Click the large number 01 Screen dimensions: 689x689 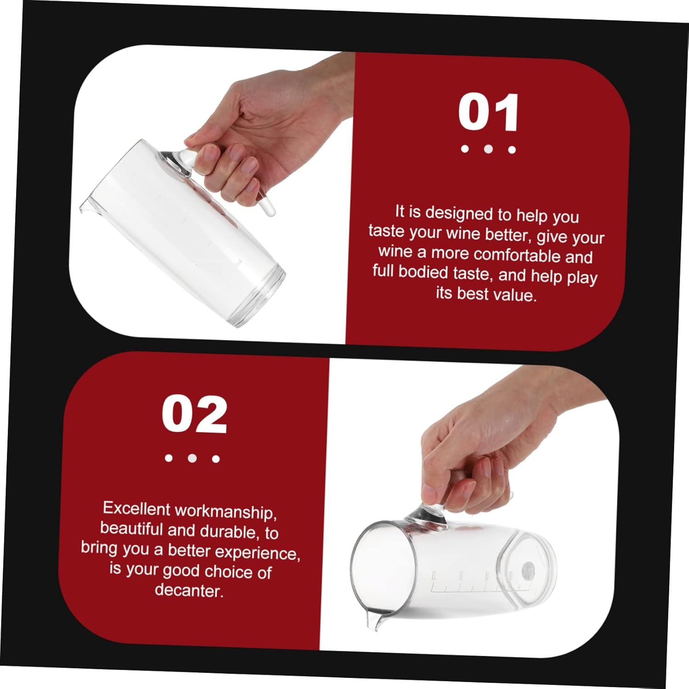[x=489, y=113]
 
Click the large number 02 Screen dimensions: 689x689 [x=194, y=415]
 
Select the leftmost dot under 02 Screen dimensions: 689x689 [x=169, y=458]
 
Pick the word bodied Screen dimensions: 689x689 [x=423, y=272]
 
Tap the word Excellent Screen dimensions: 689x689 [x=136, y=508]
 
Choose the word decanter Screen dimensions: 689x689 [x=189, y=590]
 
